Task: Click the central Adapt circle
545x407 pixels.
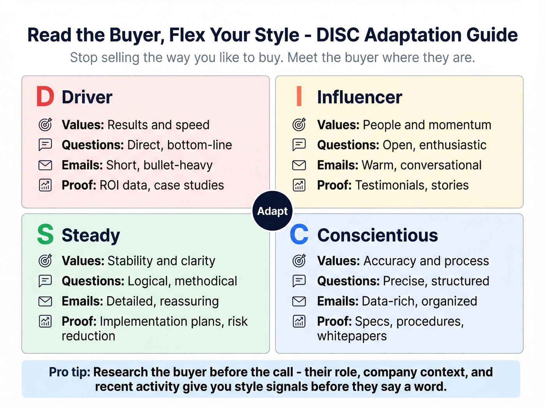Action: pos(272,211)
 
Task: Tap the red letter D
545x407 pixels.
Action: pos(45,97)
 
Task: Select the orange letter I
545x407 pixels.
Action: pos(299,97)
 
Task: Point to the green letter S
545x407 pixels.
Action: pos(45,234)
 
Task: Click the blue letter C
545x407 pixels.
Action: pos(299,234)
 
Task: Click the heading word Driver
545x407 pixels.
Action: pos(87,97)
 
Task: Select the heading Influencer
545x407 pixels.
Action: pos(359,97)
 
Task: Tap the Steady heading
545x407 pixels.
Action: pos(91,235)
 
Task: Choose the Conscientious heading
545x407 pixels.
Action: pos(377,235)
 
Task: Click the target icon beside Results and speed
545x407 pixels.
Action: pos(46,125)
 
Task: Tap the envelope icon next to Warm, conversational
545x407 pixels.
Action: pos(299,165)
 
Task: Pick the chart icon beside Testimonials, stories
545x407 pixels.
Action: pos(299,185)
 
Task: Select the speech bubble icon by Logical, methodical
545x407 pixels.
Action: pos(46,281)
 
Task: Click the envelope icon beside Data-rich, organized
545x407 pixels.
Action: pos(299,301)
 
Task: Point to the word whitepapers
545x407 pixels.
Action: pos(352,336)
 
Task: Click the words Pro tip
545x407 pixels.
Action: pos(69,372)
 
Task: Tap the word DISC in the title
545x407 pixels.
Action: pos(338,35)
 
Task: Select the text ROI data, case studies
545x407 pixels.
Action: pos(162,185)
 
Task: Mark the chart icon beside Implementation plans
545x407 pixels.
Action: pos(46,321)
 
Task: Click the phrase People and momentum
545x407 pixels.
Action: pos(427,125)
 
